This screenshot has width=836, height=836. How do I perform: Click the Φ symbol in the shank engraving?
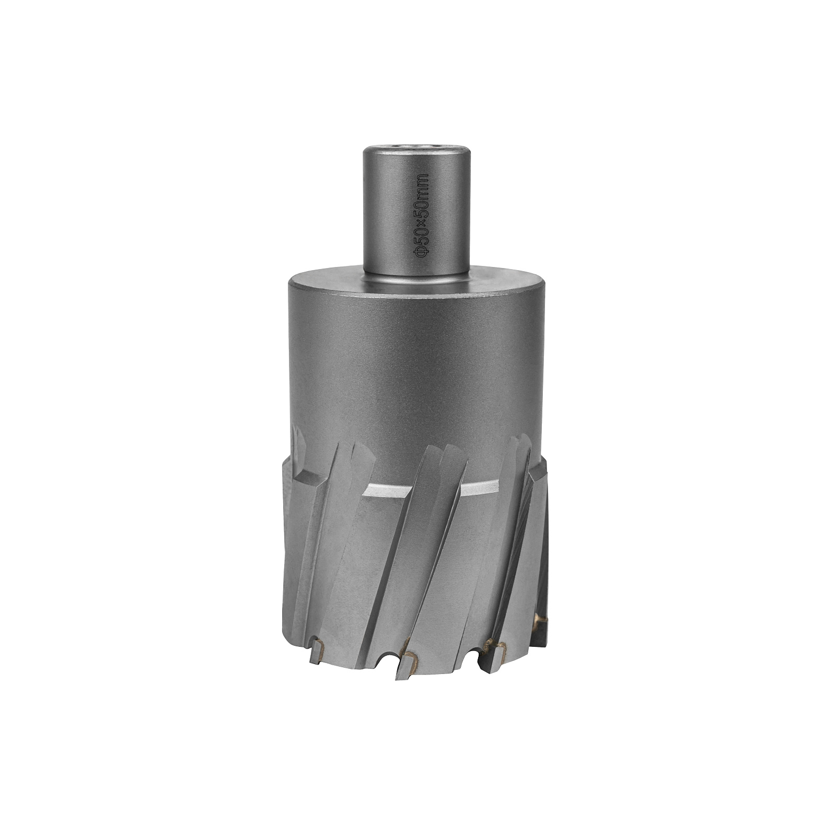[422, 251]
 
